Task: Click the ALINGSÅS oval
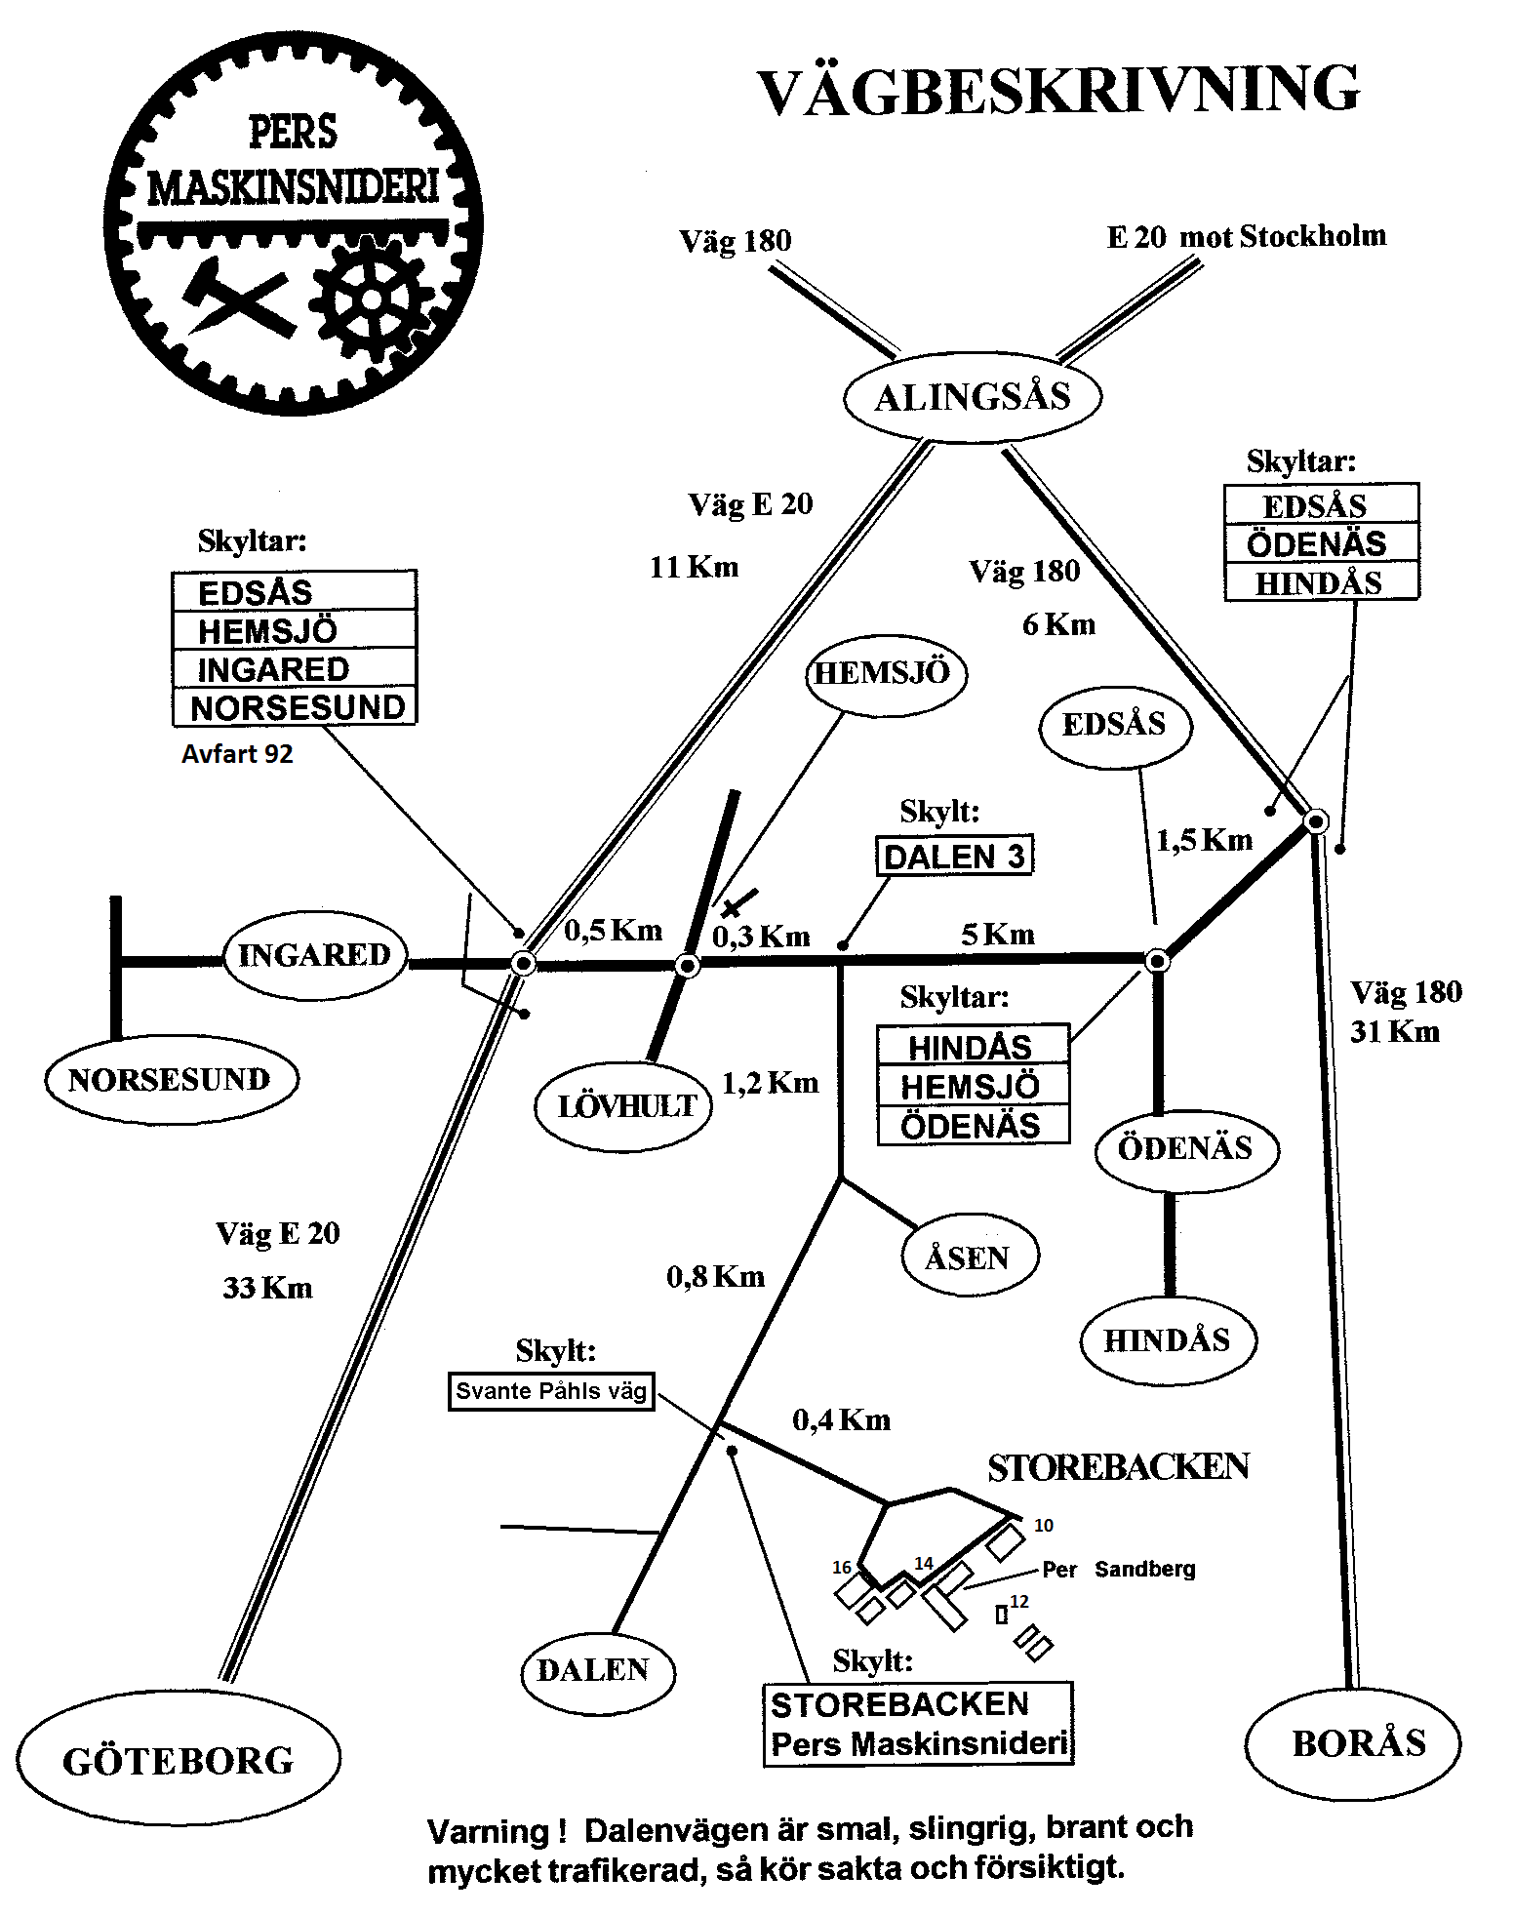click(972, 397)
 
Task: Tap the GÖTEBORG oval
click(179, 1760)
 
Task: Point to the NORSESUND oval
click(170, 1080)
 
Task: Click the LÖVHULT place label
click(624, 1106)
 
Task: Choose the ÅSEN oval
click(968, 1257)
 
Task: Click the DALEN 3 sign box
click(953, 857)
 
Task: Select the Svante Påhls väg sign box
click(551, 1391)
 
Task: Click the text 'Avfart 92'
click(237, 754)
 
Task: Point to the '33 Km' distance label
click(267, 1289)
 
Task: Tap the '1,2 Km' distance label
click(770, 1083)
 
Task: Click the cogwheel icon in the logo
click(371, 299)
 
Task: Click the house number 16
click(842, 1568)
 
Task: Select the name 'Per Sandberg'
click(1119, 1570)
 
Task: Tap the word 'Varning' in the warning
click(489, 1830)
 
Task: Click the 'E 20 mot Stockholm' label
click(1246, 236)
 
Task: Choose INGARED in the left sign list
click(273, 669)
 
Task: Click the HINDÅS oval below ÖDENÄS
click(1167, 1340)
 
